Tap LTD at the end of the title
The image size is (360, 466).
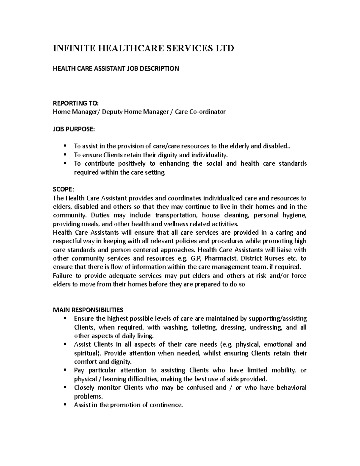(x=223, y=48)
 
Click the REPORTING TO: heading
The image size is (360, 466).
(x=75, y=103)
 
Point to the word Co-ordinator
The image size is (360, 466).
(x=208, y=112)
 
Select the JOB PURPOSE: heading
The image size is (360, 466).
(x=73, y=129)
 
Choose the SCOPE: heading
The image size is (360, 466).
(x=62, y=189)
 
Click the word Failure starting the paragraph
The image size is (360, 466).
(x=62, y=275)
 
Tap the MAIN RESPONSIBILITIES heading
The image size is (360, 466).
(x=88, y=310)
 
